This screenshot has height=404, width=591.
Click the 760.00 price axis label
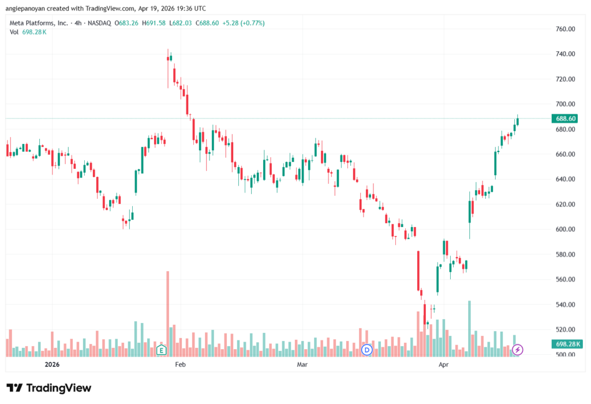[x=566, y=29]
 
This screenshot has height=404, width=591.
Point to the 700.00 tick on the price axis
[x=566, y=104]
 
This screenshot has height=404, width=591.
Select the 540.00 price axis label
[x=566, y=305]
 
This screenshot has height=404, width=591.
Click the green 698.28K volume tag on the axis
[x=567, y=344]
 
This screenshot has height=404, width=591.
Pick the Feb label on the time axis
[x=180, y=365]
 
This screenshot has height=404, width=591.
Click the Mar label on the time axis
[x=302, y=365]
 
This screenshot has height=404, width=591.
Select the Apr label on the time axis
[x=443, y=365]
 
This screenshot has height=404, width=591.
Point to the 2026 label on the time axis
[x=52, y=365]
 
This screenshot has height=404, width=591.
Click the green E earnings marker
[x=162, y=350]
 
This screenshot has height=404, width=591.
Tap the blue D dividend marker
[x=366, y=350]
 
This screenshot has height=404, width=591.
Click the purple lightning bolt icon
[x=518, y=350]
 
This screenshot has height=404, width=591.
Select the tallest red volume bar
[x=168, y=314]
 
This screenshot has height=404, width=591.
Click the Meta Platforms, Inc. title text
[x=39, y=23]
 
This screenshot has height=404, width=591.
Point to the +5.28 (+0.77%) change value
[x=244, y=23]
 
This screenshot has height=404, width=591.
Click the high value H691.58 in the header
[x=154, y=23]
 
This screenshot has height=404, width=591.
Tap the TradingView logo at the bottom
[x=49, y=388]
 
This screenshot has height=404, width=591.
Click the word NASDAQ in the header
[x=99, y=23]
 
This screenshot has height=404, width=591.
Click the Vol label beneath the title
[x=14, y=32]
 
